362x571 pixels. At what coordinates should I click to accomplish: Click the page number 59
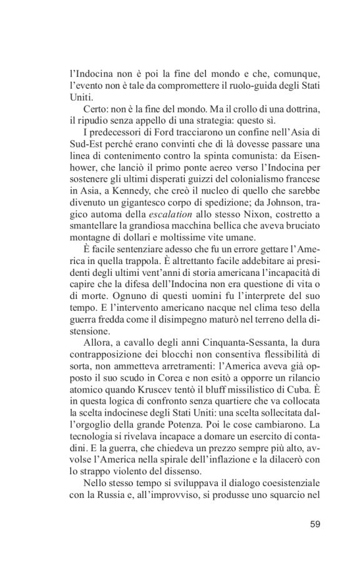pyautogui.click(x=315, y=524)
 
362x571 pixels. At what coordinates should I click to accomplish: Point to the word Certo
pyautogui.click(x=95, y=110)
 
